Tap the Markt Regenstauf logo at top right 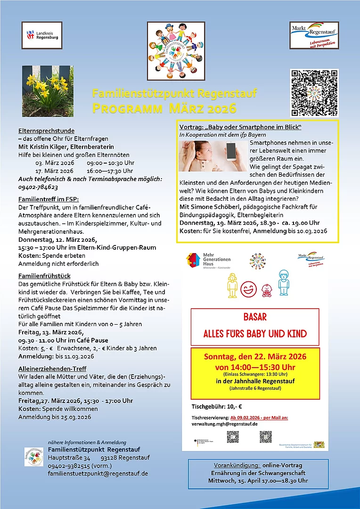(x=314, y=35)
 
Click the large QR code (x=314, y=93)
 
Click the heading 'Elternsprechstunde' (x=46, y=131)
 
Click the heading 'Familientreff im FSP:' (x=49, y=199)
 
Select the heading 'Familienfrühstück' (x=45, y=276)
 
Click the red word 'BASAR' (x=255, y=317)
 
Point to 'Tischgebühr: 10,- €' (x=217, y=406)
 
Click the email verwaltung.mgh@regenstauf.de (x=224, y=424)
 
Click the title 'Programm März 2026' (x=164, y=109)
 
